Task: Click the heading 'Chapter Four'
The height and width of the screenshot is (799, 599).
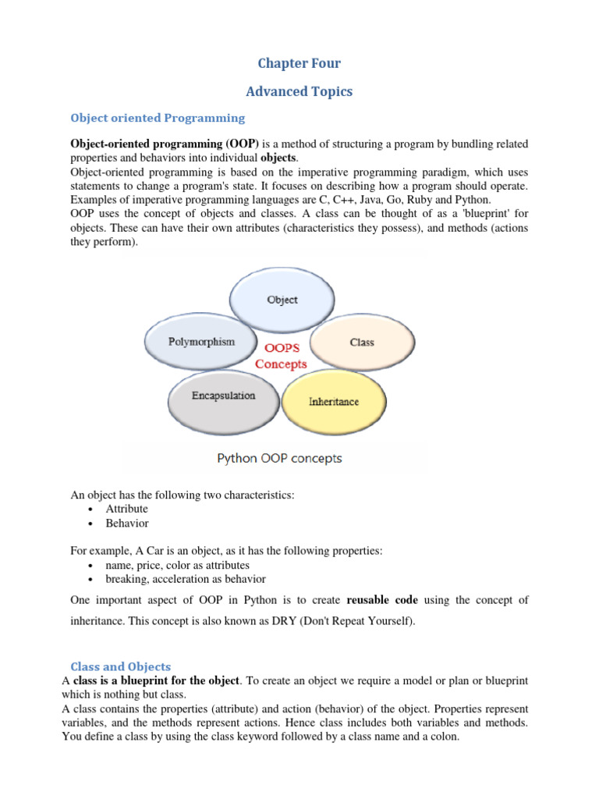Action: (299, 63)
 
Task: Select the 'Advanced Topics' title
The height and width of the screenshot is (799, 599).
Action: (299, 91)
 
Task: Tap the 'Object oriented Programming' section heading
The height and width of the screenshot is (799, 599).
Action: (158, 118)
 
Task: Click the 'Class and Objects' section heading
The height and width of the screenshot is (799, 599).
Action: (121, 666)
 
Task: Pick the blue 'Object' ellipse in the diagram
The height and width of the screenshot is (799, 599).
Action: (282, 300)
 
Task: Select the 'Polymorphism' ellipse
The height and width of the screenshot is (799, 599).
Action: (201, 342)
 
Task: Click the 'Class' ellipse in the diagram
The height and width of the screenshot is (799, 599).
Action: (362, 343)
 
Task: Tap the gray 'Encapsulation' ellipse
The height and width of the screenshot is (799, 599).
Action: (223, 396)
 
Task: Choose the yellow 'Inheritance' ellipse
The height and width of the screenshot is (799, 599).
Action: (333, 402)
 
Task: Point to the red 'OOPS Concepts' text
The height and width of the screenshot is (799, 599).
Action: (282, 356)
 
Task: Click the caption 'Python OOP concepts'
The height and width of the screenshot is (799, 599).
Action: (279, 458)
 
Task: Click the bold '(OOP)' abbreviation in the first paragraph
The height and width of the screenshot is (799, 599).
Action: (243, 144)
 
